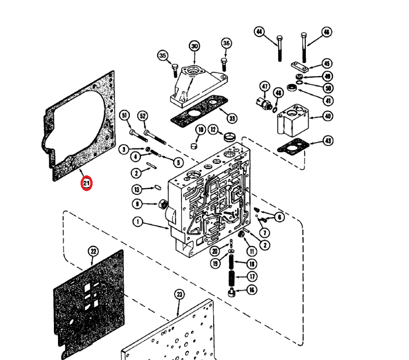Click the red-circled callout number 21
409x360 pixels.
coord(87,183)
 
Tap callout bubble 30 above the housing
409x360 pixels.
coord(194,46)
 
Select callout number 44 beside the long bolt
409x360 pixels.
coord(259,32)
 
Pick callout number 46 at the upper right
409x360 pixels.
coord(327,32)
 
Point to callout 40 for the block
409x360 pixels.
coord(328,116)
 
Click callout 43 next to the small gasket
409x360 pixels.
coord(328,141)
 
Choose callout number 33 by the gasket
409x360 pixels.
coord(232,118)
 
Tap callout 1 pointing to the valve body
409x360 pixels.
coord(138,222)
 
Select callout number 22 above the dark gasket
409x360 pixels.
coord(93,251)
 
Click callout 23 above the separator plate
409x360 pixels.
coord(180,295)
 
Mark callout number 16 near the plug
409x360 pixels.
coord(252,290)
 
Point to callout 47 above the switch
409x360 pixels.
coord(265,87)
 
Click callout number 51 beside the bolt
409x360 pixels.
coord(125,116)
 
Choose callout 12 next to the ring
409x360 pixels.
coord(213,129)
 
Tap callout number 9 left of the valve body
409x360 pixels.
coord(137,204)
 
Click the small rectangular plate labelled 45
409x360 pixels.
coord(300,67)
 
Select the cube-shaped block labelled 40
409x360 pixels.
coord(292,120)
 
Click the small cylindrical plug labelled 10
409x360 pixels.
coord(194,146)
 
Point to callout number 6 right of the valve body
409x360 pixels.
coord(280,217)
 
